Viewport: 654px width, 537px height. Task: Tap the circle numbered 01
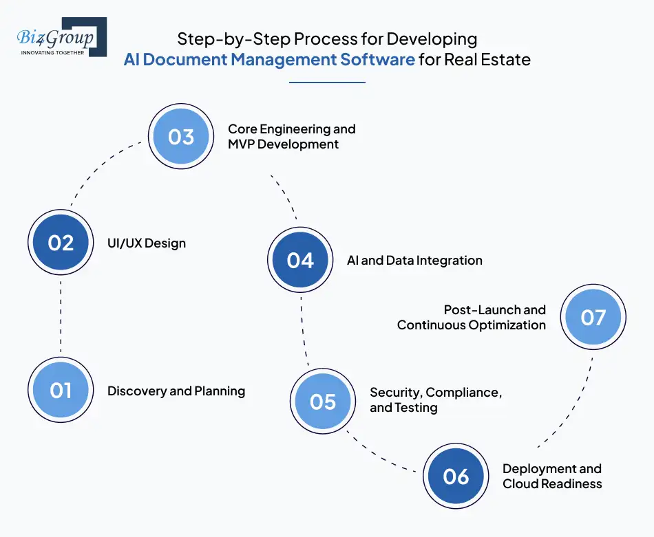click(61, 391)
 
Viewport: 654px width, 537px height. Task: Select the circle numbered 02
click(61, 243)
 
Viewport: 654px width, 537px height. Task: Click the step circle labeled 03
click(181, 136)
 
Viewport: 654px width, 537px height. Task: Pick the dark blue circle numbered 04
click(300, 260)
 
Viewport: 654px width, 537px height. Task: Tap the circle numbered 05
click(322, 401)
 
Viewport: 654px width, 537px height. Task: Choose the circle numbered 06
click(456, 476)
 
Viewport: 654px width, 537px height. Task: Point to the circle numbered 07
click(593, 317)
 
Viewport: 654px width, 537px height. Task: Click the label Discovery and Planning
click(176, 391)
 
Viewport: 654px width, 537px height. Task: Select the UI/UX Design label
click(147, 243)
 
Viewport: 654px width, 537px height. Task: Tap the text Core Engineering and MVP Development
click(291, 136)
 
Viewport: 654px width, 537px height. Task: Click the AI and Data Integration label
click(414, 261)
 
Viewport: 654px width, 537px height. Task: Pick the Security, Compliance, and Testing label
click(435, 399)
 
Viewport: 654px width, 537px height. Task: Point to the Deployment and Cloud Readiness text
click(551, 476)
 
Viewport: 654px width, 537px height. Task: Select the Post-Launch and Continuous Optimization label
click(472, 317)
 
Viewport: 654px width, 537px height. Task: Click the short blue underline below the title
click(327, 83)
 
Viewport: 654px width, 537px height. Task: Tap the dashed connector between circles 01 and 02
click(61, 316)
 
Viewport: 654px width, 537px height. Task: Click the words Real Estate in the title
click(487, 59)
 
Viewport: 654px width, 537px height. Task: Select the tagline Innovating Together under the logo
click(53, 52)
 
